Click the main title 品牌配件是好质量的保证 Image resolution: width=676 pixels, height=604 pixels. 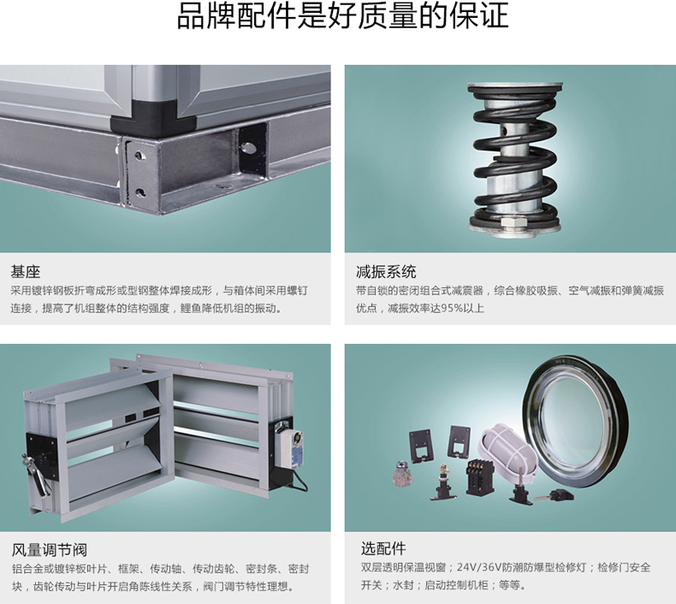point(343,16)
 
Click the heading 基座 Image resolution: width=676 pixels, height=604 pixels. point(26,272)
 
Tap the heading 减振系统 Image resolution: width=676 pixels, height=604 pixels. point(386,272)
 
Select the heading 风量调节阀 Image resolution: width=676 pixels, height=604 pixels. point(49,550)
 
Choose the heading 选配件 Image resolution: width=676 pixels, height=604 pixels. point(383,548)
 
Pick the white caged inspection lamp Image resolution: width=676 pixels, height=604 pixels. point(509,449)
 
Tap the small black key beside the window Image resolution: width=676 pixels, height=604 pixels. point(555,494)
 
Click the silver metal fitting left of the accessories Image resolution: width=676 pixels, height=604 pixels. point(402,473)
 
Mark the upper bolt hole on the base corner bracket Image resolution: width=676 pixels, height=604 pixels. point(139,155)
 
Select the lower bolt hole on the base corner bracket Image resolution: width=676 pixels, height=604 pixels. point(139,192)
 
